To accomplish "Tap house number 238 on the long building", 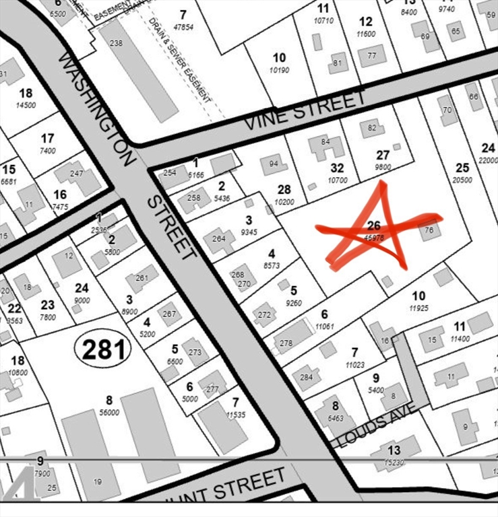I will coord(116,43).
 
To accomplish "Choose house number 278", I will coord(286,343).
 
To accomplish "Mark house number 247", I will coord(76,173).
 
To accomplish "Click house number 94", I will coord(274,164).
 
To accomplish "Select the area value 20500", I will coord(462,180).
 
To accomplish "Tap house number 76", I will coord(429,230).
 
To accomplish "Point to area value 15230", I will coord(394,462).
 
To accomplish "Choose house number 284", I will coord(306,378).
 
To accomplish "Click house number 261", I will coord(142,278).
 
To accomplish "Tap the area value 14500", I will coord(26,105).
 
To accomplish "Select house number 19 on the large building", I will coord(97,481).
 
